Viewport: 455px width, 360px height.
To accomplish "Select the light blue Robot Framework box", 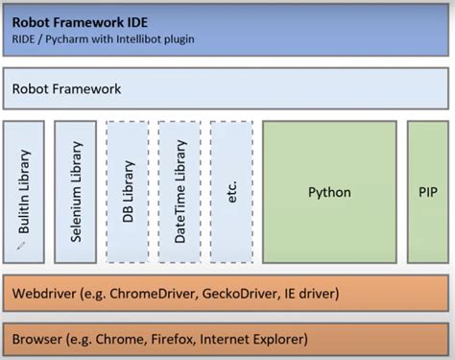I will [x=226, y=88].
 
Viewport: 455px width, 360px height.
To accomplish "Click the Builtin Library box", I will [x=24, y=192].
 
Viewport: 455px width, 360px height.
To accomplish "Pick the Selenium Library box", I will [x=76, y=192].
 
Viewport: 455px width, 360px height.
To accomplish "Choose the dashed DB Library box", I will [x=128, y=192].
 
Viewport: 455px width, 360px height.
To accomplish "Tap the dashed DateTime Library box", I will [x=180, y=192].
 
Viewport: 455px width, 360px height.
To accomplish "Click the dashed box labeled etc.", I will [x=231, y=192].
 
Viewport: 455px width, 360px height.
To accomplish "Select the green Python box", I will [x=329, y=192].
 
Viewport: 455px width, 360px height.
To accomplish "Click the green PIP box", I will [x=427, y=192].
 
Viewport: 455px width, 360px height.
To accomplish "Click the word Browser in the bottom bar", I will [x=39, y=339].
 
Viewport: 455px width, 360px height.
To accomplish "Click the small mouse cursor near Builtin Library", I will [x=18, y=247].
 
